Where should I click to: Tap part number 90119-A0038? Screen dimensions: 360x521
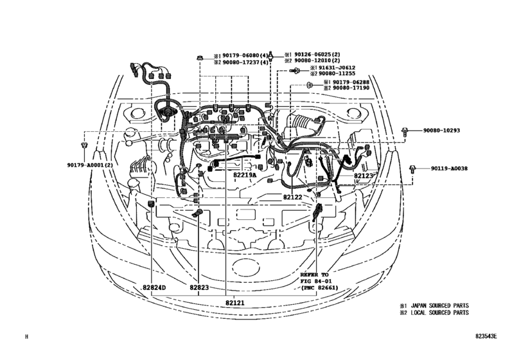click(x=449, y=168)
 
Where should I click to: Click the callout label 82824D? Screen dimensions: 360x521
click(x=154, y=287)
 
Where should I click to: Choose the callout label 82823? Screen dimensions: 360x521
click(x=199, y=287)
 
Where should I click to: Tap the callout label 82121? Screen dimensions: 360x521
click(x=236, y=301)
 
